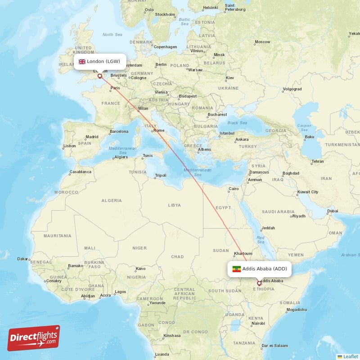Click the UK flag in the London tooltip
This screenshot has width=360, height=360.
(x=82, y=62)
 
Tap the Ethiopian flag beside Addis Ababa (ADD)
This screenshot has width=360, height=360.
(x=236, y=269)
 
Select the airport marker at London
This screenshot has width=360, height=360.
(x=100, y=76)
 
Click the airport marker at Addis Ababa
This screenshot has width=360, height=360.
(x=259, y=283)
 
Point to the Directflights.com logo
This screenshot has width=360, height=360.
(x=34, y=338)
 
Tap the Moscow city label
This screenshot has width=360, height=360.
(x=262, y=42)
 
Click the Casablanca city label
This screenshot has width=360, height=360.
(x=81, y=172)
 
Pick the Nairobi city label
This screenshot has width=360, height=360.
(x=258, y=323)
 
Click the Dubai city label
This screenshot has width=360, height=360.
(x=333, y=211)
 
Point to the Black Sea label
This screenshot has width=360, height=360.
(x=238, y=123)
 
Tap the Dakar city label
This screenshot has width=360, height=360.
(x=22, y=259)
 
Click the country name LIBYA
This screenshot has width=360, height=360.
(x=174, y=205)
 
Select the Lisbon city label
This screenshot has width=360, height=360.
(x=70, y=146)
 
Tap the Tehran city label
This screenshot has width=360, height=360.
(x=317, y=161)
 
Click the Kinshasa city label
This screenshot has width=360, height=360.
(x=172, y=336)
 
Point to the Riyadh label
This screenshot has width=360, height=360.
(x=299, y=216)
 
